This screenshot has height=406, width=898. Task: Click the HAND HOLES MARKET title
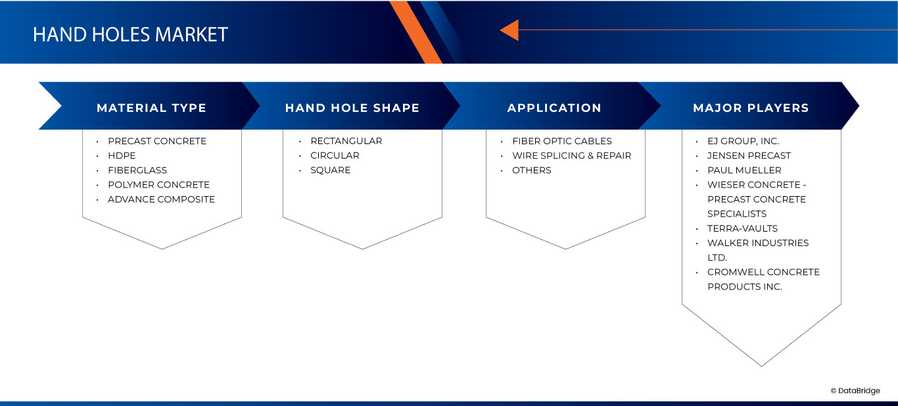[130, 34]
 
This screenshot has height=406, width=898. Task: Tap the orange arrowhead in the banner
[509, 30]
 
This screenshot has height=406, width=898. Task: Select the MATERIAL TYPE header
[152, 108]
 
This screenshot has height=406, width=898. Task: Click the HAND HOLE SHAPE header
[352, 108]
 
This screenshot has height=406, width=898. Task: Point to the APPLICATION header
[554, 108]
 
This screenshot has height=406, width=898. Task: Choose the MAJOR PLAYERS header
[751, 108]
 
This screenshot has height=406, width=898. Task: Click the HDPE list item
[122, 156]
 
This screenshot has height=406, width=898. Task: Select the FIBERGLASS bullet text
[137, 170]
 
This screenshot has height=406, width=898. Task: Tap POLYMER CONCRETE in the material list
[158, 184]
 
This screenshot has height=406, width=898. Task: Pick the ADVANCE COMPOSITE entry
[161, 199]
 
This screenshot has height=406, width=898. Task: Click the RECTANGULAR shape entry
[346, 141]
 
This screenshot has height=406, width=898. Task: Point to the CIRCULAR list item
[335, 156]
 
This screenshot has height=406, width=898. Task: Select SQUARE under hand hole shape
[330, 170]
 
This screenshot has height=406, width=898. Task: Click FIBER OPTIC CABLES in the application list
[562, 141]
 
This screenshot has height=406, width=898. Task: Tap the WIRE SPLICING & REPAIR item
[572, 156]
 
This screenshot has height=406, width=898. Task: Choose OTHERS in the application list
[532, 170]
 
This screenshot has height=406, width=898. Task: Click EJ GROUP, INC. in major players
[744, 141]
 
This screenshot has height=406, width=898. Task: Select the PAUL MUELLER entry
[744, 170]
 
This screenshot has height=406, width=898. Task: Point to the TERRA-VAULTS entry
[742, 228]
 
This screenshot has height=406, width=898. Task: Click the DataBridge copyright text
[855, 390]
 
